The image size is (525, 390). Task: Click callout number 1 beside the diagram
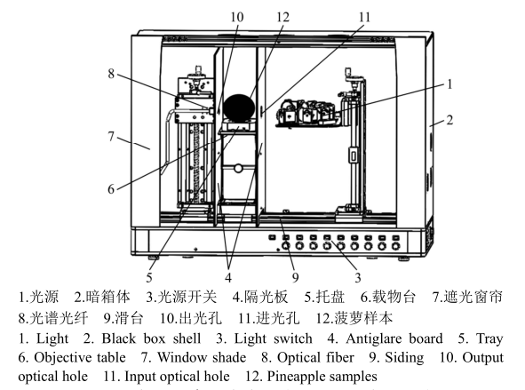pyautogui.click(x=449, y=84)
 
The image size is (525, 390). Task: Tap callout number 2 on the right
pyautogui.click(x=449, y=118)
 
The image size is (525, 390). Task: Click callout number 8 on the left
pyautogui.click(x=112, y=74)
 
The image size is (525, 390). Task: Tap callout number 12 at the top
pyautogui.click(x=282, y=16)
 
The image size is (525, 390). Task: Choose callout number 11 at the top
pyautogui.click(x=364, y=16)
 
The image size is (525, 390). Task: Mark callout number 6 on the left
pyautogui.click(x=112, y=188)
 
